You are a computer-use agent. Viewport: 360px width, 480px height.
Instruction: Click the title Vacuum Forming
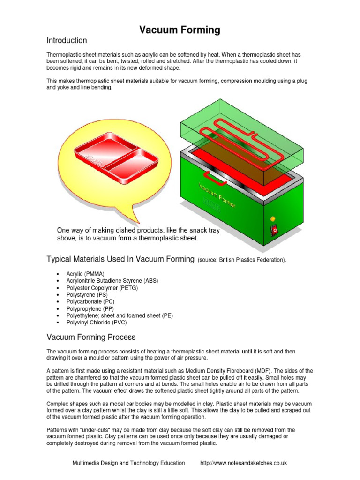coord(180,30)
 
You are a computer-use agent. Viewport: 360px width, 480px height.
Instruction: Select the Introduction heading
coord(67,41)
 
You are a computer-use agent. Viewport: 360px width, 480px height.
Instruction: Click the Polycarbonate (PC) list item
coord(91,302)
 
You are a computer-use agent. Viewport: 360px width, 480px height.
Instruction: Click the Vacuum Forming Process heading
coord(91,337)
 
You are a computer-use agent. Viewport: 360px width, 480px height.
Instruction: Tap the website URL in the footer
coord(243,463)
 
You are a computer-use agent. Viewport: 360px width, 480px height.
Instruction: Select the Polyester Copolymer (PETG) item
coord(99,288)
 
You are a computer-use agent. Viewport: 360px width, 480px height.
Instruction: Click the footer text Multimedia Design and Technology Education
coord(128,463)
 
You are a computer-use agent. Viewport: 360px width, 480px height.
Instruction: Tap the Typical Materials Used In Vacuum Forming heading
coord(120,259)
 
